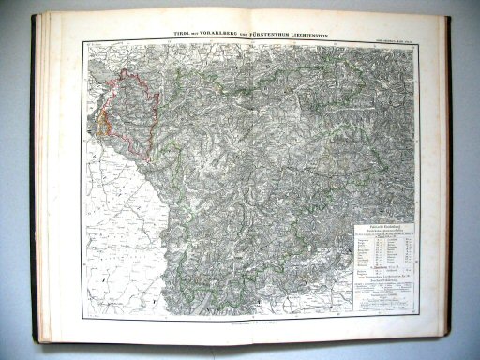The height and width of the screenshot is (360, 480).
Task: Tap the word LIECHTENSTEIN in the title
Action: click(x=315, y=33)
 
